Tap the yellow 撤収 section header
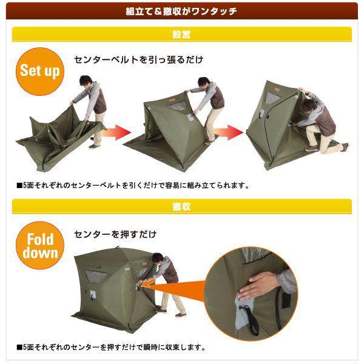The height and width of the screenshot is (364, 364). pyautogui.click(x=182, y=207)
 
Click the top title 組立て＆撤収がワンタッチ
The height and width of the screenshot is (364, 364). pyautogui.click(x=182, y=11)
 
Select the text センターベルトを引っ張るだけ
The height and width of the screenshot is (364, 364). pyautogui.click(x=138, y=60)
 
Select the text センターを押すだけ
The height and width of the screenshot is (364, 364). pyautogui.click(x=115, y=234)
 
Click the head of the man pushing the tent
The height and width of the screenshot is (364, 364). pyautogui.click(x=158, y=260)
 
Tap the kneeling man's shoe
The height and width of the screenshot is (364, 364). pyautogui.click(x=345, y=146)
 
